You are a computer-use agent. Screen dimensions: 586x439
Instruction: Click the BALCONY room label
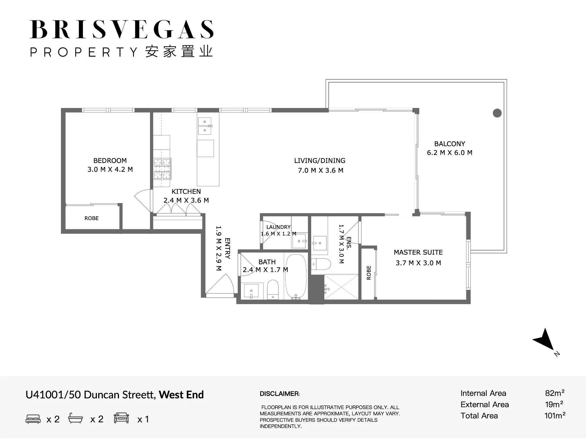[449, 144]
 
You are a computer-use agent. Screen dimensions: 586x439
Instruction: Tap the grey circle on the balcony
[497, 113]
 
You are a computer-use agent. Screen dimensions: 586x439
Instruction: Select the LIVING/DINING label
[320, 161]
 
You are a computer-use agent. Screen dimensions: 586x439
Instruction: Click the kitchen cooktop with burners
[162, 169]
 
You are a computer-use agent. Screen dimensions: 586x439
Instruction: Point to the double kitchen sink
[205, 126]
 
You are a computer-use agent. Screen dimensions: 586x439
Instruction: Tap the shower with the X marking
[341, 287]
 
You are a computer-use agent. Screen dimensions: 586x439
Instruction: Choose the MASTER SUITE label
[418, 252]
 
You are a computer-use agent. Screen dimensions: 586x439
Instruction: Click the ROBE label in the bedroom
[91, 218]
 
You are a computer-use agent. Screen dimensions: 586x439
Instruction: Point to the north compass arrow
[544, 339]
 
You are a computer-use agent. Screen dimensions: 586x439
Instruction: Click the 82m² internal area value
[555, 393]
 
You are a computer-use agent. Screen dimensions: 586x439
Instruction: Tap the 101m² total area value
[555, 416]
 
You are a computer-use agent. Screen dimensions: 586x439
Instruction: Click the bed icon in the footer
[33, 419]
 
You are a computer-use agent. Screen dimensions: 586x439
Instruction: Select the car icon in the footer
[121, 418]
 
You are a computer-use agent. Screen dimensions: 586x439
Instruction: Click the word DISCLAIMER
[279, 394]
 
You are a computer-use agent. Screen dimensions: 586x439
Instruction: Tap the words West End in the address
[181, 395]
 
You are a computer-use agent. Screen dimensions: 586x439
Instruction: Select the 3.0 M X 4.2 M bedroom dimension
[110, 169]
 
